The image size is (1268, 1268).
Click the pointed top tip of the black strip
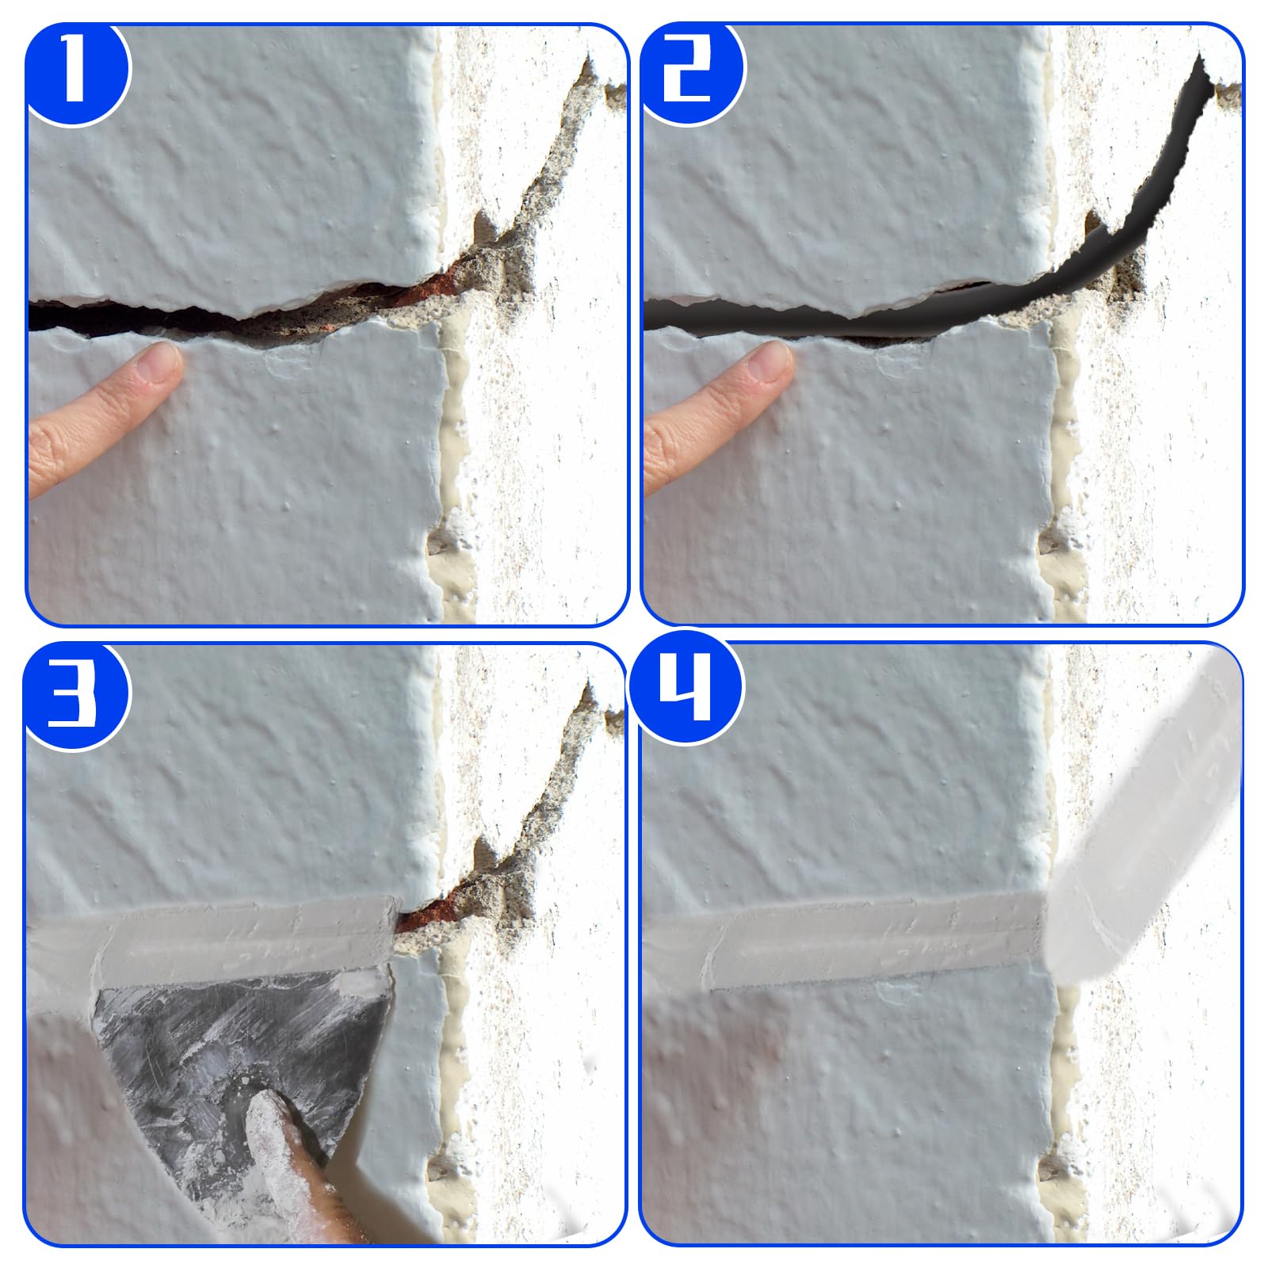coord(1200,55)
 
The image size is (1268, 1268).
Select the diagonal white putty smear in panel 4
coord(1144,832)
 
